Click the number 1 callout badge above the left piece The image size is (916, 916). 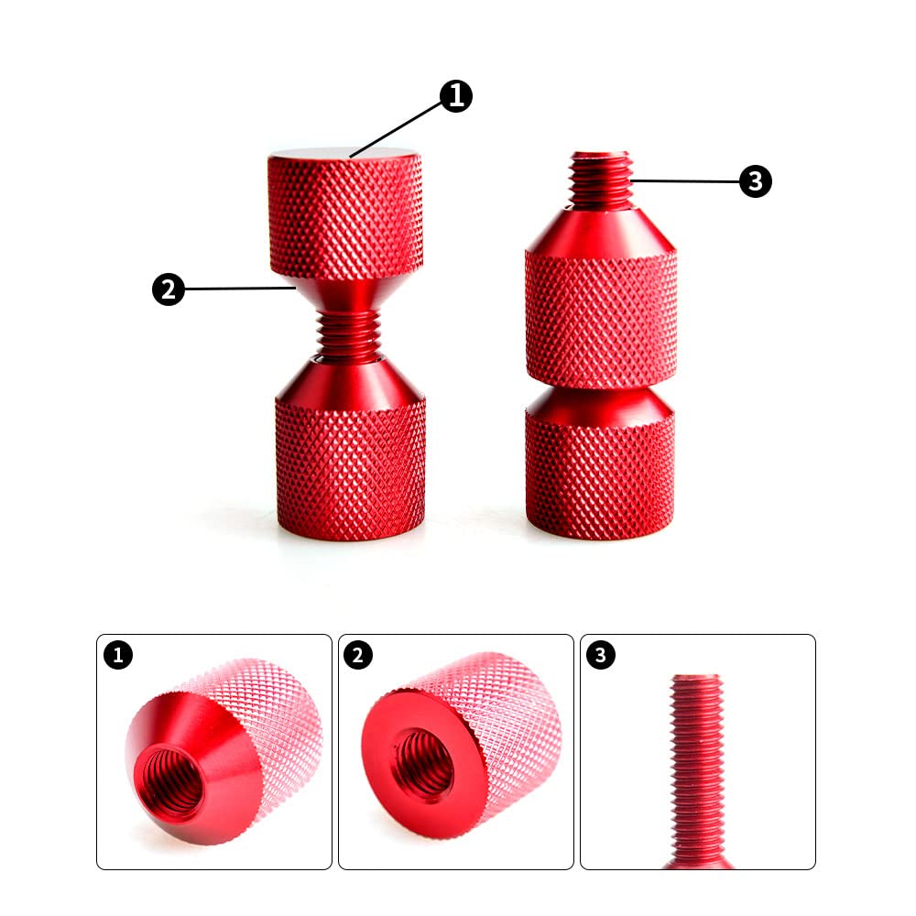(x=456, y=96)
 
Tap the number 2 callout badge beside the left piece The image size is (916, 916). (x=168, y=289)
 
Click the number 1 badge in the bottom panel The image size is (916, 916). (x=118, y=655)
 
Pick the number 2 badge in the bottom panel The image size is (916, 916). (x=358, y=655)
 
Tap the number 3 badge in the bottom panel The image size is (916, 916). (x=600, y=656)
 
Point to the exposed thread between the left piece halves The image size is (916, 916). (x=348, y=332)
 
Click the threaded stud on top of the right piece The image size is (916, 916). (x=600, y=179)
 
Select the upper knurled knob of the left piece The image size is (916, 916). (x=344, y=215)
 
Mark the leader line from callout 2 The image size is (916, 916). (x=238, y=289)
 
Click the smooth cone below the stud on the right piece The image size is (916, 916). (x=600, y=229)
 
